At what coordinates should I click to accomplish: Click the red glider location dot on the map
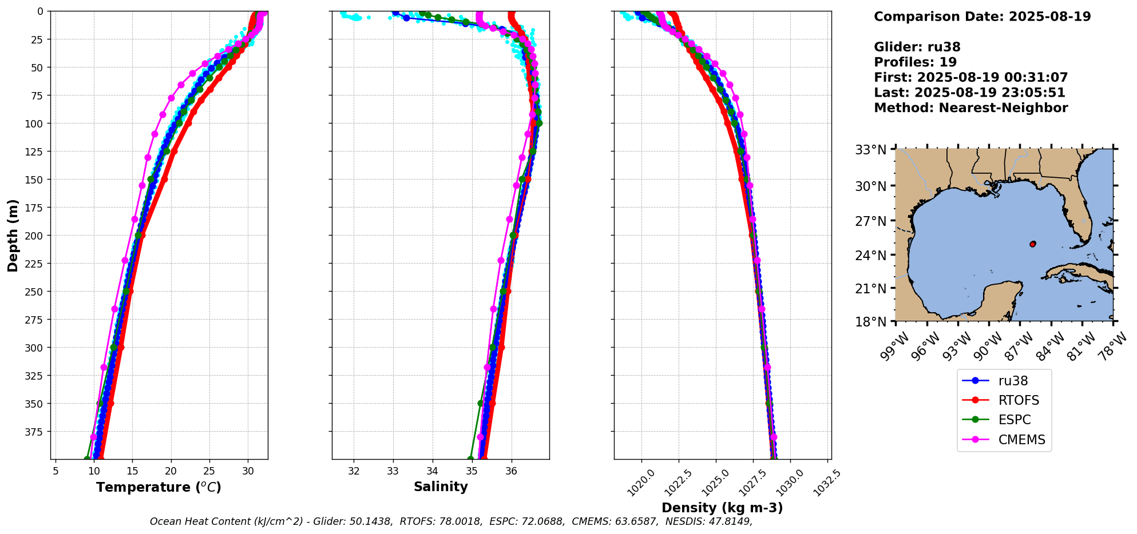pyautogui.click(x=1033, y=244)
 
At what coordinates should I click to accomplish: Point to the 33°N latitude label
pyautogui.click(x=870, y=150)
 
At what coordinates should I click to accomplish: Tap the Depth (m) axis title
pyautogui.click(x=13, y=235)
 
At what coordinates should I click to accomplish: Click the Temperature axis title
pyautogui.click(x=159, y=487)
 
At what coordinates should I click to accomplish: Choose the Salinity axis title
pyautogui.click(x=441, y=487)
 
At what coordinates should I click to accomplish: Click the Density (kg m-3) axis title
pyautogui.click(x=722, y=508)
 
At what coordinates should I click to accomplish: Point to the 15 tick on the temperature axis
pyautogui.click(x=132, y=471)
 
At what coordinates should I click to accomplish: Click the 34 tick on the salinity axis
pyautogui.click(x=433, y=471)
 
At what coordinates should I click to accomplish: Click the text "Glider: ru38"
pyautogui.click(x=917, y=47)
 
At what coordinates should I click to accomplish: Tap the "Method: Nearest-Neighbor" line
pyautogui.click(x=970, y=108)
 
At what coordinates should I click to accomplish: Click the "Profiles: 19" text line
pyautogui.click(x=915, y=62)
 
